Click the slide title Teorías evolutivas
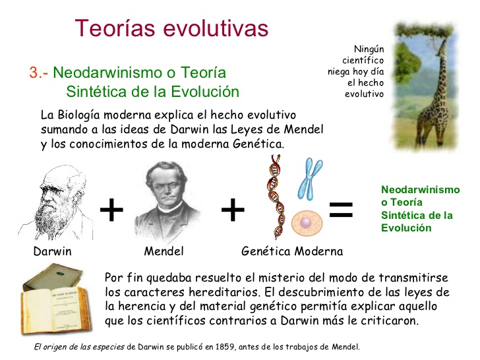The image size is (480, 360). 172,28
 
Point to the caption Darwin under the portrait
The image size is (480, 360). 52,251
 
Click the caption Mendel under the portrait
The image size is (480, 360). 164,251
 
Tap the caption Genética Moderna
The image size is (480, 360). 292,251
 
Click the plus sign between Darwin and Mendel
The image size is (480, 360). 111,210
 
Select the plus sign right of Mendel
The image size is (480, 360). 232,210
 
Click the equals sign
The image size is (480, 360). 341,210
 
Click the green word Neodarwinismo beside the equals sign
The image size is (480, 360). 420,190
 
